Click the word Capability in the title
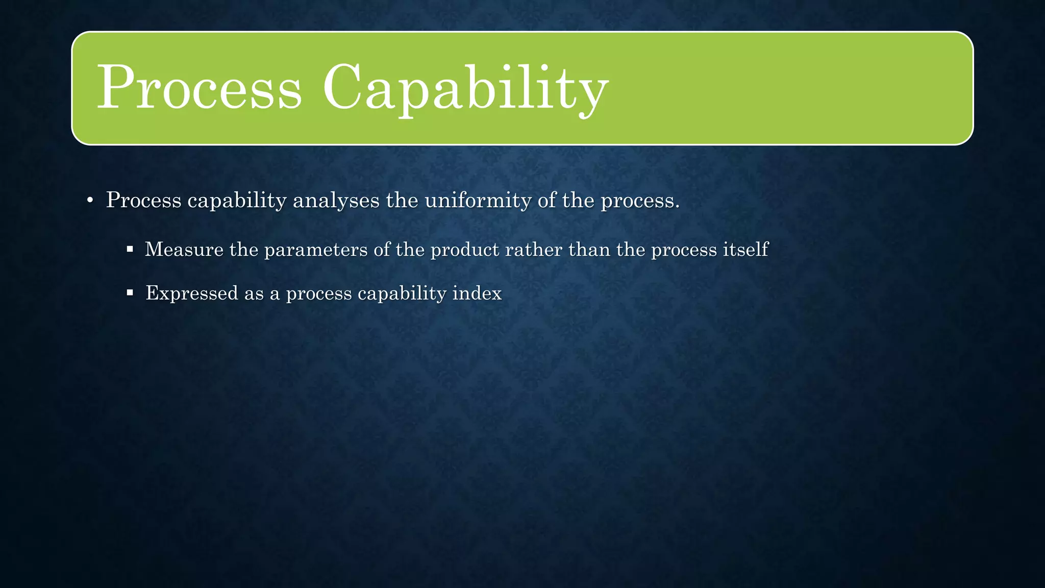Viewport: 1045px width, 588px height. (465, 88)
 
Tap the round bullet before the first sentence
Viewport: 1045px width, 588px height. (90, 201)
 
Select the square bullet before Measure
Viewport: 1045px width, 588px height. (130, 250)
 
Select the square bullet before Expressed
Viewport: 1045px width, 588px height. (130, 293)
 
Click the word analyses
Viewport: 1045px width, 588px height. (336, 201)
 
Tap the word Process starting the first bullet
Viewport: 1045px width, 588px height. (143, 201)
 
